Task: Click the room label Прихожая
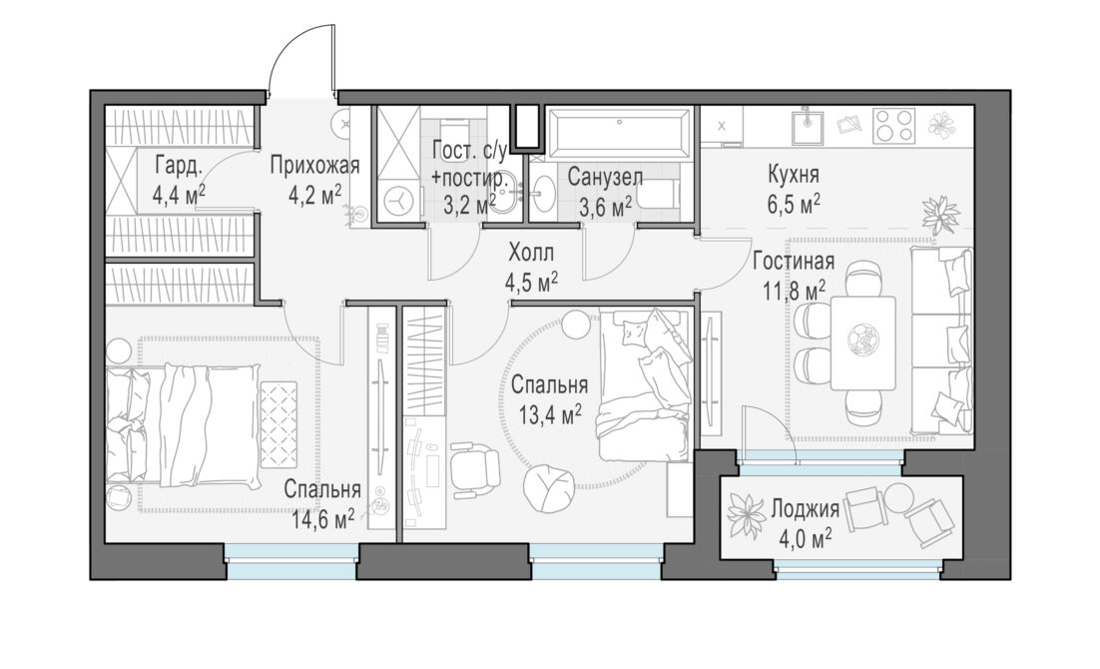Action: [314, 167]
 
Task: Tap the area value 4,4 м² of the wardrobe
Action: [179, 194]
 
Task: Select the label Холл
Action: [531, 252]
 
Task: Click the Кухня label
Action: [794, 174]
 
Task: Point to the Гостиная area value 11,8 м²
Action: [794, 289]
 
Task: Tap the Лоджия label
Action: [805, 508]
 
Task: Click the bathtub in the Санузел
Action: [618, 133]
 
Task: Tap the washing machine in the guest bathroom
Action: [397, 201]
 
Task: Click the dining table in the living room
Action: [862, 342]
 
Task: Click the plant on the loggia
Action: [747, 516]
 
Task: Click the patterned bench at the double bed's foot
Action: [278, 422]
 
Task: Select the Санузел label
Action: [605, 177]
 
